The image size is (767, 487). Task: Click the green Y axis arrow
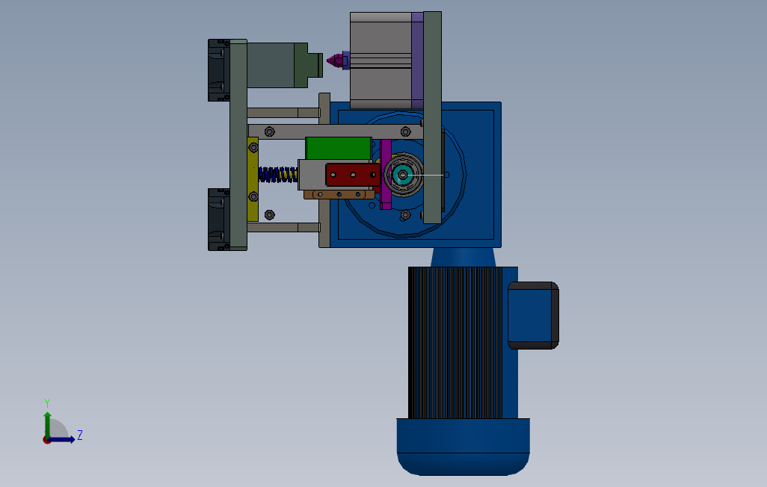coord(47,424)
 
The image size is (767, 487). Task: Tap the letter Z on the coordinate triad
coord(80,435)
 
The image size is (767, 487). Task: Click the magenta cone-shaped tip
coord(336,61)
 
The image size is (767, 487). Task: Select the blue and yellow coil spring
coord(278,175)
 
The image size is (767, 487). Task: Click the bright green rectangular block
coord(339,148)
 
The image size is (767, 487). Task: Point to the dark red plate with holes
coord(353,175)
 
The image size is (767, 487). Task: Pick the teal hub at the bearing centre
coord(402,175)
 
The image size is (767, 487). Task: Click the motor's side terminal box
coord(533,315)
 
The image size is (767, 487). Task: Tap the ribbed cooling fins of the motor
coord(455,342)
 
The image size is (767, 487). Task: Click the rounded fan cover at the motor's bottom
coord(463,447)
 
